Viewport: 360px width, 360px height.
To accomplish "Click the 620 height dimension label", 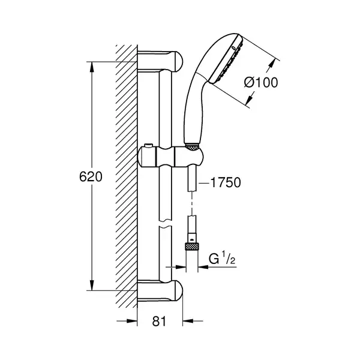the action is click(91, 177).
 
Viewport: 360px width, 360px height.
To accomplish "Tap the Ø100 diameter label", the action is click(261, 82).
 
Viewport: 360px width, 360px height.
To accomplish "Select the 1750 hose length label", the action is click(226, 182).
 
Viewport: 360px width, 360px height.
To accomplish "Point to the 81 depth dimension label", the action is click(159, 321).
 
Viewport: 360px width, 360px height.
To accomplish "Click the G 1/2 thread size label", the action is click(222, 259).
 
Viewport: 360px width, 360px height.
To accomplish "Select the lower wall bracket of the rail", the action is click(160, 290).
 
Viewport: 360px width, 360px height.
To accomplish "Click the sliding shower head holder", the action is click(170, 157).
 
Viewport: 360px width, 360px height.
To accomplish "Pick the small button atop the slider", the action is click(149, 146).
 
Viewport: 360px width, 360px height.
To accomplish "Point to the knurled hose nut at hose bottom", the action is click(192, 247).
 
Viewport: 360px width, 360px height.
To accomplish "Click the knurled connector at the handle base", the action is click(192, 147).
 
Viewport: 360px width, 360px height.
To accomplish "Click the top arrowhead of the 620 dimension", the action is click(92, 67).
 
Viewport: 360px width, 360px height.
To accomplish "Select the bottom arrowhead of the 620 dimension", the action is click(92, 285).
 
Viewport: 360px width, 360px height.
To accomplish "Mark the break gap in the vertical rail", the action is click(166, 224).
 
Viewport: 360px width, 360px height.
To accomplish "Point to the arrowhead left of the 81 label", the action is click(132, 321).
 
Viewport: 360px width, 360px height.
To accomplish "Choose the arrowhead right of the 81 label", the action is click(188, 321).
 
